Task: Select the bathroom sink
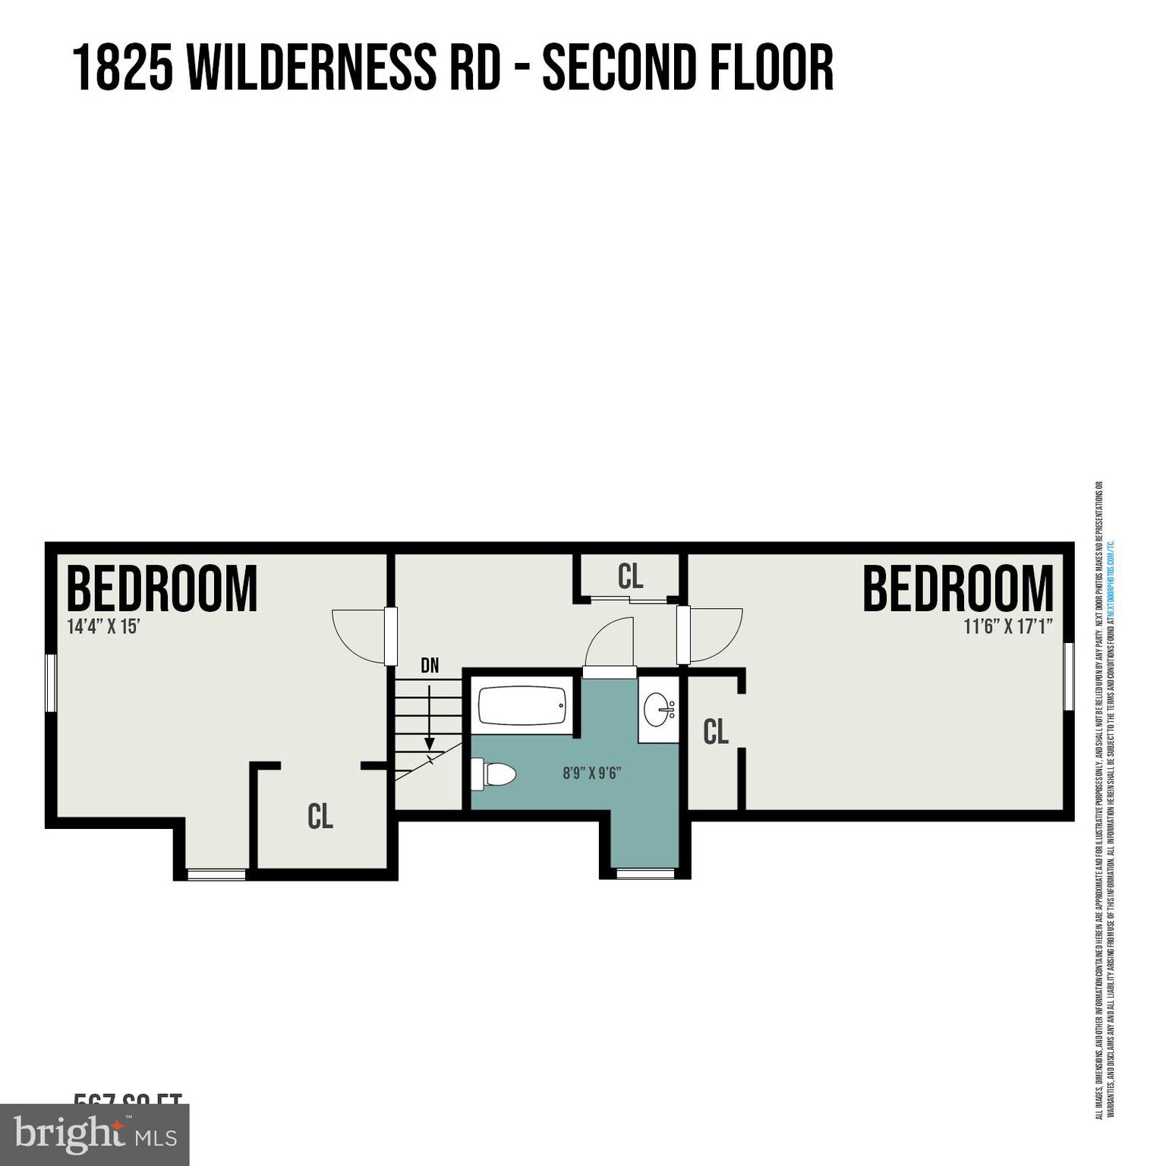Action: [658, 710]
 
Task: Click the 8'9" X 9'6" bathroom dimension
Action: [592, 774]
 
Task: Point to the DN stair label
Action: [430, 666]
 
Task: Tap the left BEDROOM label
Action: [162, 588]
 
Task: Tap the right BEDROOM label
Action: [958, 588]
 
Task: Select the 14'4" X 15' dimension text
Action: [104, 627]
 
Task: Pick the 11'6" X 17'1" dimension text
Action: [1008, 627]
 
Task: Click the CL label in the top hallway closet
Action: [630, 577]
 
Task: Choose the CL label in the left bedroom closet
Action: [320, 817]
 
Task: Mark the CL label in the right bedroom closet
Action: [716, 732]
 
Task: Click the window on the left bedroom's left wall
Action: [52, 683]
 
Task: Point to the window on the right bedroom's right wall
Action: [1069, 676]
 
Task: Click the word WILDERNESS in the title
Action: [311, 68]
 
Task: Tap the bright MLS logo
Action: [94, 1135]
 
